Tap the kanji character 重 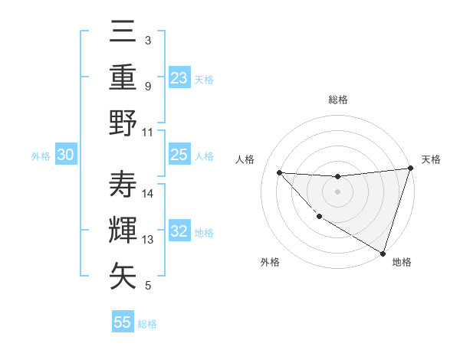point(123,77)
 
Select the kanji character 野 point(123,123)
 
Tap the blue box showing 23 point(179,78)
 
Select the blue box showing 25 point(179,155)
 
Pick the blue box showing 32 point(179,231)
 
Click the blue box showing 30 point(66,155)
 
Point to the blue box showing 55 point(123,322)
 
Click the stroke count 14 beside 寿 point(149,194)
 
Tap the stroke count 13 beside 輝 point(149,240)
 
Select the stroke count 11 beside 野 point(149,132)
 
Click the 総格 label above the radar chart point(337,100)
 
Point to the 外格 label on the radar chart point(270,263)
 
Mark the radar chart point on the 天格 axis point(410,169)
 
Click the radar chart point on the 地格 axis point(383,253)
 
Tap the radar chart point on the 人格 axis point(279,172)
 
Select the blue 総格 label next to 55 point(147,323)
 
